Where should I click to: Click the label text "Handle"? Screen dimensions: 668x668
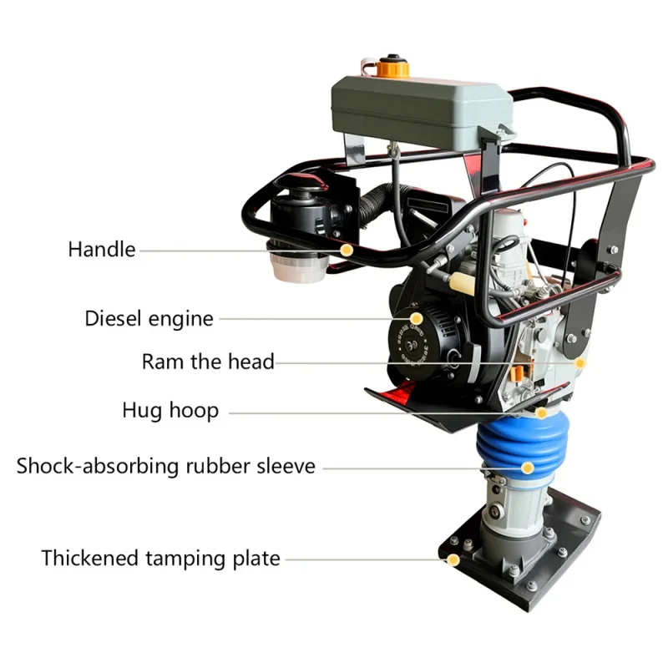coord(102,249)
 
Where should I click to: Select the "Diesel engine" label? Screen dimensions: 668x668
coord(149,319)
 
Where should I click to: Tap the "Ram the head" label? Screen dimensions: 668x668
coord(208,362)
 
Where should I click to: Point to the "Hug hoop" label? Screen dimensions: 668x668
coord(170,411)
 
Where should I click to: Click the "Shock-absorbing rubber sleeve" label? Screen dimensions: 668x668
coord(165,466)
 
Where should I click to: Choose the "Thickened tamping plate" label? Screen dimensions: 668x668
coord(160,559)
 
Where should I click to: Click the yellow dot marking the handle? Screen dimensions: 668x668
coord(347,250)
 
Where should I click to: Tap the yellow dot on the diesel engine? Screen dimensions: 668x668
coord(416,319)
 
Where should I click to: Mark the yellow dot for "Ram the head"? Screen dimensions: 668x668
coord(579,363)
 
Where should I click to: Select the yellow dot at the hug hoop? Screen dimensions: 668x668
coord(541,412)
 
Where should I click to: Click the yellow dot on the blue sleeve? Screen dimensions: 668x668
coord(528,468)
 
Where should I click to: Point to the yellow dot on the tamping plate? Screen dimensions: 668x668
coord(453,559)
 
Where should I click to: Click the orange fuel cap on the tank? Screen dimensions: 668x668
coord(392,67)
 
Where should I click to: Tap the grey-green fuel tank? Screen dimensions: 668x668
coord(422,112)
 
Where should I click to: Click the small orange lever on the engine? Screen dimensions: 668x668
coord(516,373)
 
